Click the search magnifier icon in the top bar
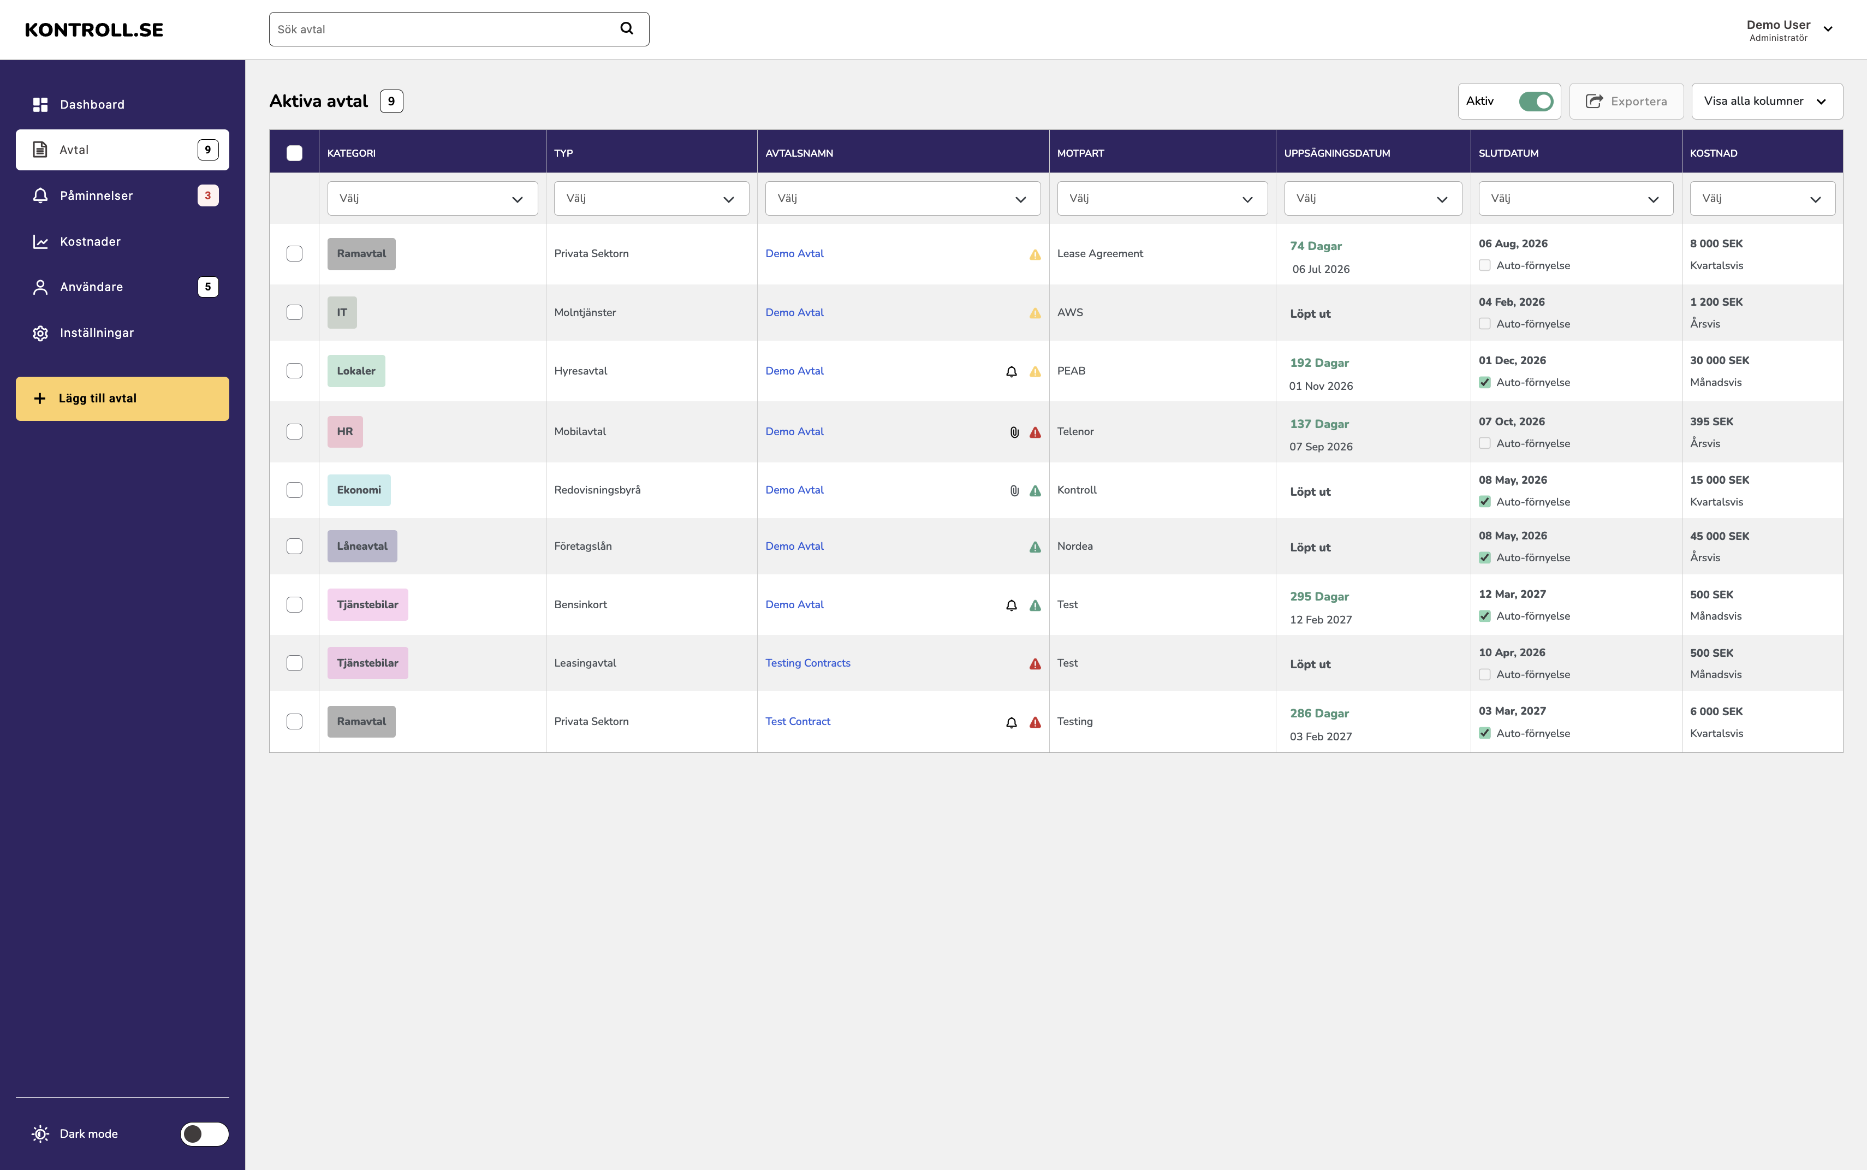[x=627, y=28]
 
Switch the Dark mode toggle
[x=204, y=1133]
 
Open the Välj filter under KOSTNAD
[x=1762, y=199]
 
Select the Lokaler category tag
[x=356, y=371]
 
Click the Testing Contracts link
[x=808, y=663]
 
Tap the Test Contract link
[x=798, y=721]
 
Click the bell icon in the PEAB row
[x=1011, y=371]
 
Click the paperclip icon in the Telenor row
[x=1014, y=432]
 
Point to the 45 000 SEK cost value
[x=1719, y=536]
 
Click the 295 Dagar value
[x=1319, y=597]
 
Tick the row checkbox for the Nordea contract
[x=295, y=547]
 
